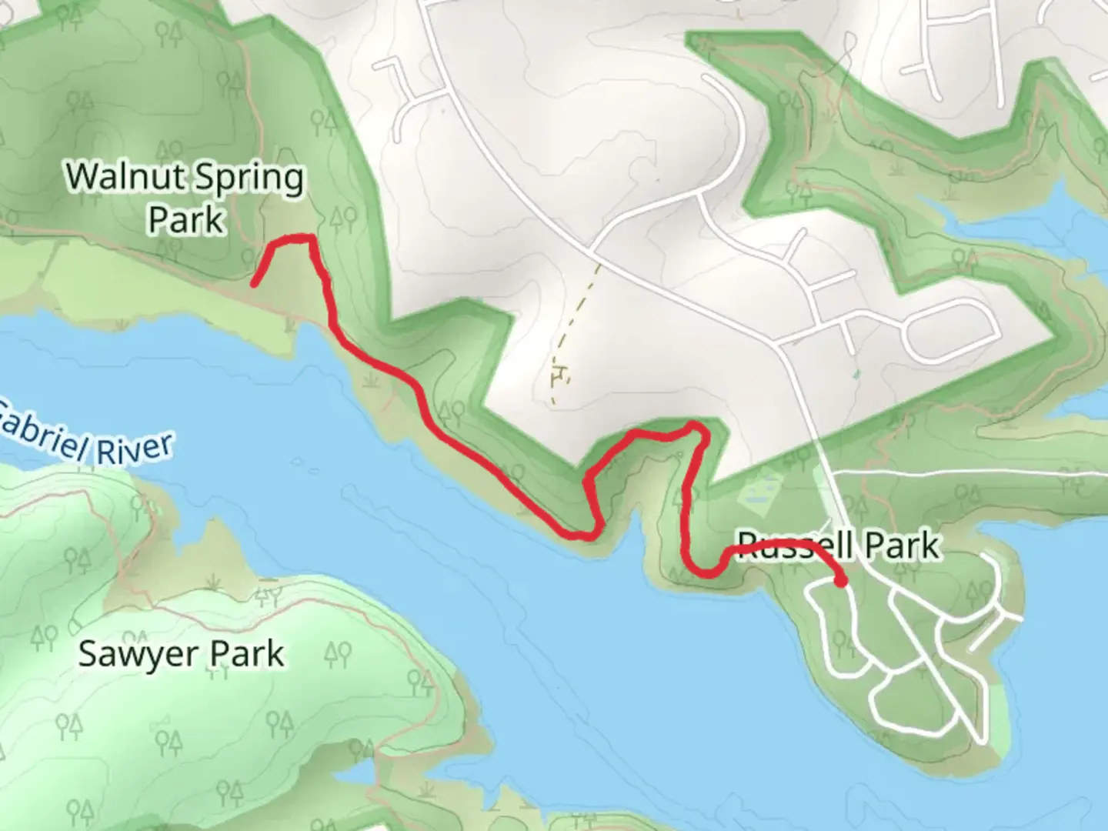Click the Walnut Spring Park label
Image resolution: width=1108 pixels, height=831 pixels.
pos(185,198)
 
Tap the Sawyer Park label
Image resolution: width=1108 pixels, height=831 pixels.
pos(182,654)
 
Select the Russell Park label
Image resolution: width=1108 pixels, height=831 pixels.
pos(839,546)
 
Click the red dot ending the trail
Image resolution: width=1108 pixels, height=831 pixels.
pos(841,580)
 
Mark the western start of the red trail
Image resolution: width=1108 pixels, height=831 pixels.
pos(255,283)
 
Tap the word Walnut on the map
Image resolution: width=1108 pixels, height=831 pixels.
pos(123,176)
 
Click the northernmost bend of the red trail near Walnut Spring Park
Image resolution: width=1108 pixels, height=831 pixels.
pos(292,239)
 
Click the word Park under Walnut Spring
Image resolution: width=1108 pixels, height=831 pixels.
pos(185,220)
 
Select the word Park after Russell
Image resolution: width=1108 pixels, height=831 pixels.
pos(902,546)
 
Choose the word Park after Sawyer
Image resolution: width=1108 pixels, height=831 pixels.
pos(247,654)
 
